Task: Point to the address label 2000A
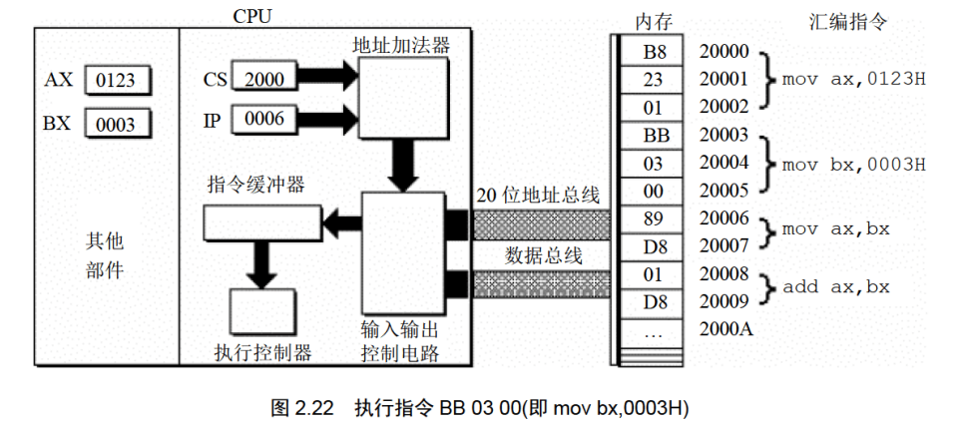click(x=725, y=330)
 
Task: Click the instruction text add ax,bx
click(x=836, y=287)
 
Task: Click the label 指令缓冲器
click(x=255, y=185)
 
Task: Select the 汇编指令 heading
click(x=846, y=21)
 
